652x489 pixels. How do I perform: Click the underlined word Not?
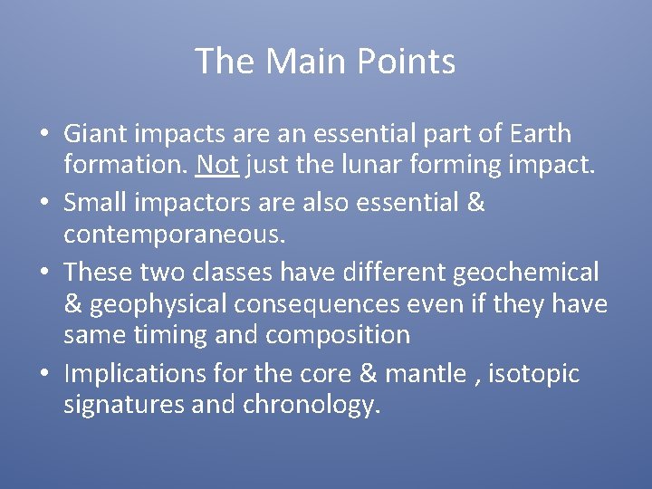[216, 166]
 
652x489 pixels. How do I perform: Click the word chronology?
[311, 405]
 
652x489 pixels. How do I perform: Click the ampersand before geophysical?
[72, 304]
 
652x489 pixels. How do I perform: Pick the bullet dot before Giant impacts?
[43, 135]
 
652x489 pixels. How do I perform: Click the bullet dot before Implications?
[43, 374]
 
